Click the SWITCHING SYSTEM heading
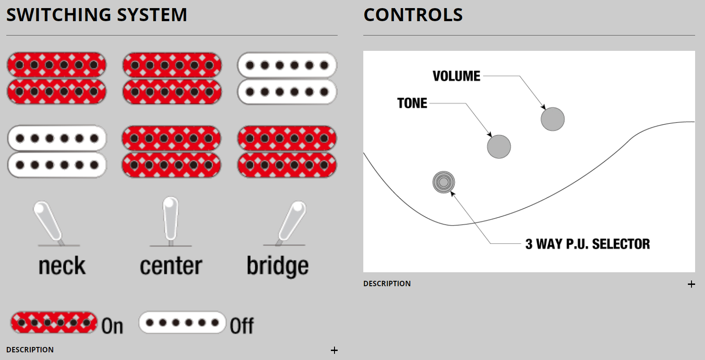[x=96, y=15]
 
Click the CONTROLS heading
[x=413, y=15]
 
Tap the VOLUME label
[x=456, y=76]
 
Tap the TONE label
[x=412, y=103]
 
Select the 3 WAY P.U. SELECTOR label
[x=587, y=244]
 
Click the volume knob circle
[x=552, y=119]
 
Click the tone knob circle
[x=499, y=147]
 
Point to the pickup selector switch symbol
[x=443, y=182]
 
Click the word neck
[x=62, y=265]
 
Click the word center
[x=171, y=265]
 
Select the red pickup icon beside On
[x=54, y=323]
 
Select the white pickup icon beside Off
[x=182, y=323]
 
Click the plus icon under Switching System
[x=334, y=350]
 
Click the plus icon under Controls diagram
[x=691, y=284]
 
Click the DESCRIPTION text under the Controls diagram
[x=387, y=283]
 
